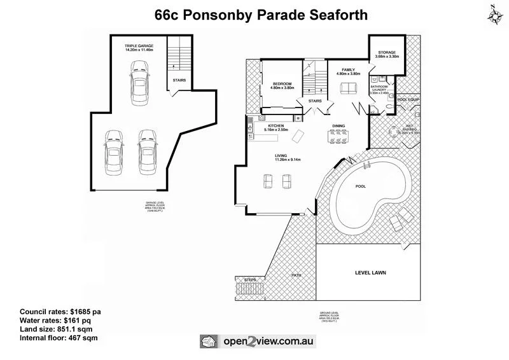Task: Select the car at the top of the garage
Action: tap(138, 84)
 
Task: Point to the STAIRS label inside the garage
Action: tap(179, 80)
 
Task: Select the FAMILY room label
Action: tap(348, 69)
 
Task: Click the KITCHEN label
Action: tap(276, 126)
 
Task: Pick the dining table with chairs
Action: tap(338, 136)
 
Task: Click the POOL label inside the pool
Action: tap(360, 187)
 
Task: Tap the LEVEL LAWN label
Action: tap(370, 273)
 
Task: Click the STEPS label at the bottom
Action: tap(244, 279)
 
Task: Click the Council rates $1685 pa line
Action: tap(60, 311)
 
